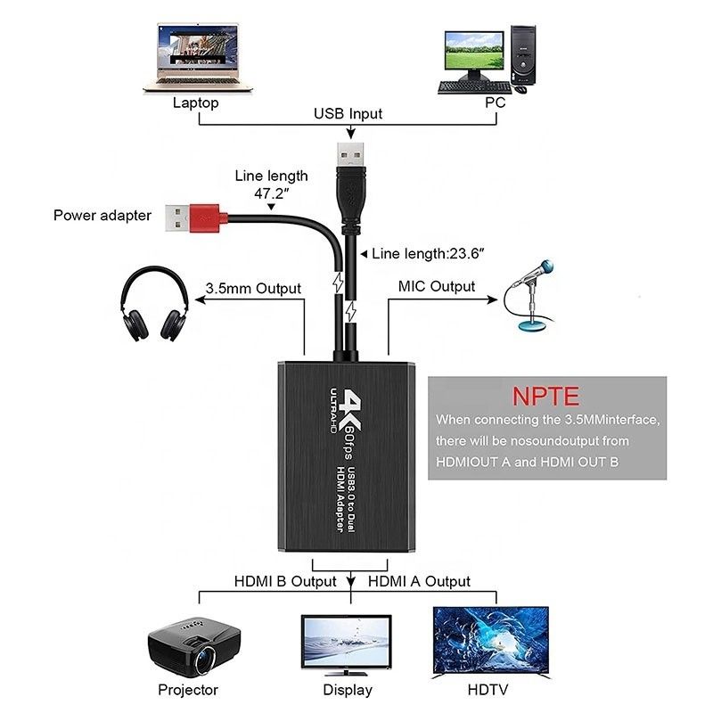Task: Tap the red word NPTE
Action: [x=546, y=395]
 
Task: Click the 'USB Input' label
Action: [x=348, y=113]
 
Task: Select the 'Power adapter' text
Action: [x=102, y=215]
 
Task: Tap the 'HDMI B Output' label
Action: [x=285, y=581]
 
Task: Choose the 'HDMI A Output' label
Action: [x=419, y=581]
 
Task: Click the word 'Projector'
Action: [x=188, y=689]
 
